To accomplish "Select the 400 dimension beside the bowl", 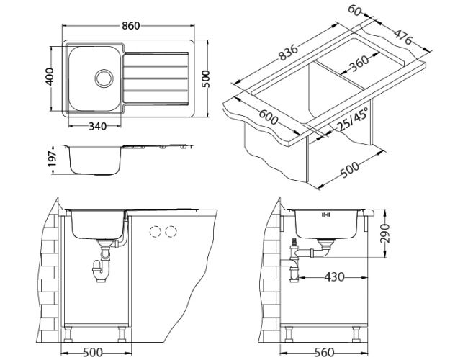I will click(50, 77).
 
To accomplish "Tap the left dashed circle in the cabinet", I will click(154, 232).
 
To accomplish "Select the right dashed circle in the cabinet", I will click(171, 232).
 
